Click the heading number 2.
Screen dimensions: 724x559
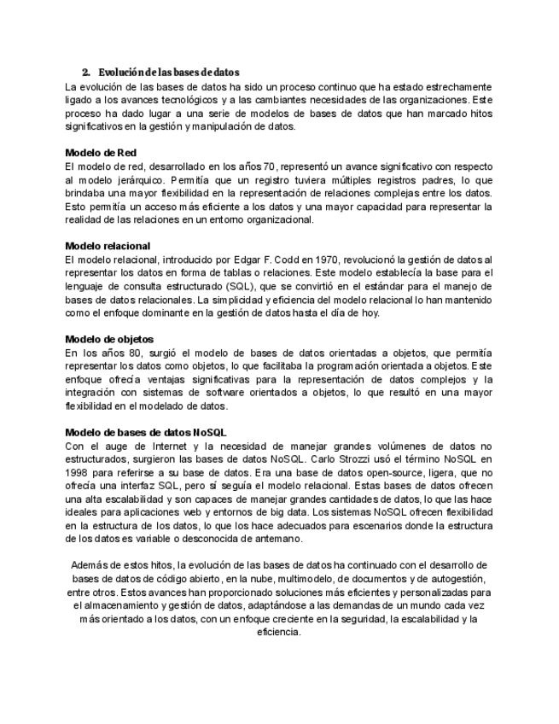[85, 72]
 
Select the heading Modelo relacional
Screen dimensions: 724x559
[108, 246]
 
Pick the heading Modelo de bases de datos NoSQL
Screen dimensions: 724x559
[146, 432]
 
